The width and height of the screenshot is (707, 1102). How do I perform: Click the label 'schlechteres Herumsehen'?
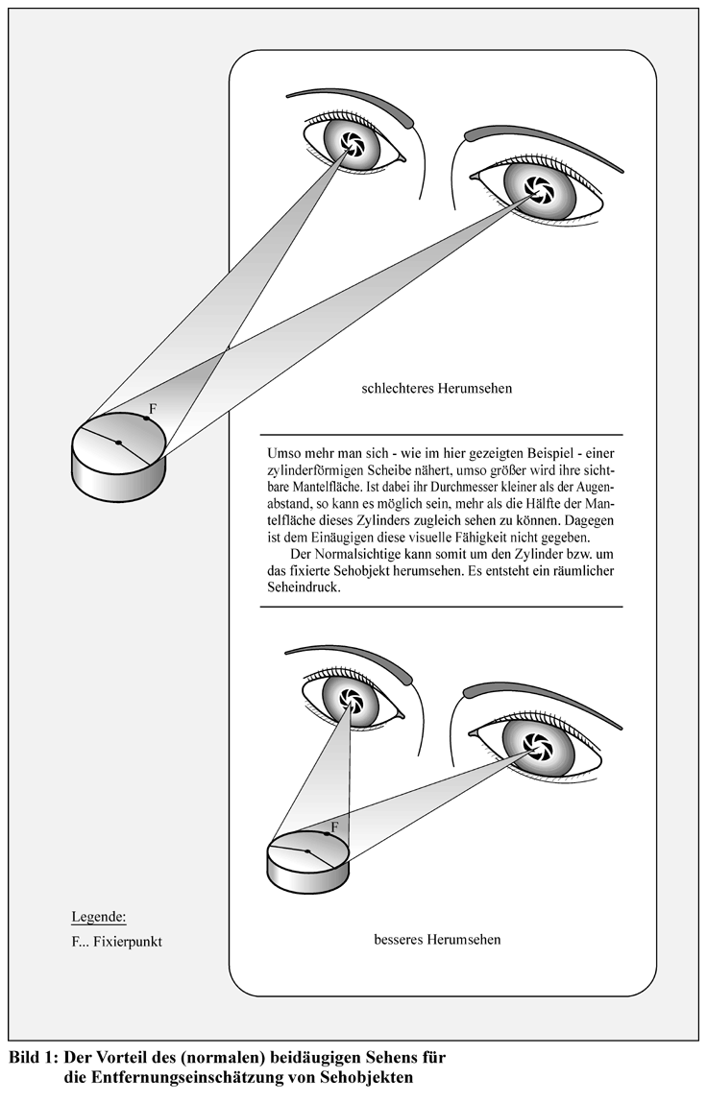coord(436,388)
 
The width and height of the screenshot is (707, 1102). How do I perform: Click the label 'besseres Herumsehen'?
coord(438,939)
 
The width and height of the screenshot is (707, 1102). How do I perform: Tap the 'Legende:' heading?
coord(99,917)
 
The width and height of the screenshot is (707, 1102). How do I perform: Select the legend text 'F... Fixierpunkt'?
coord(117,942)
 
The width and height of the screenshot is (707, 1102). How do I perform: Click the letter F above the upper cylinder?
coord(153,408)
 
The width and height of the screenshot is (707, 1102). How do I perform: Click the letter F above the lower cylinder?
coord(334,826)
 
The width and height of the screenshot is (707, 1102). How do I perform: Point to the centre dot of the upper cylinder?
coord(118,443)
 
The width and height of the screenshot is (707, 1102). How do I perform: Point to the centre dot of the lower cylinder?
coord(307,851)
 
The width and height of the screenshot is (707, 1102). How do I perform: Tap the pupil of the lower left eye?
coord(350,700)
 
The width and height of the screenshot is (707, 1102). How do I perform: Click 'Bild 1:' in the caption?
coord(33,1057)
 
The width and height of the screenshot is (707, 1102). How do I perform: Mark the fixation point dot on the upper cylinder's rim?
coord(146,419)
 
